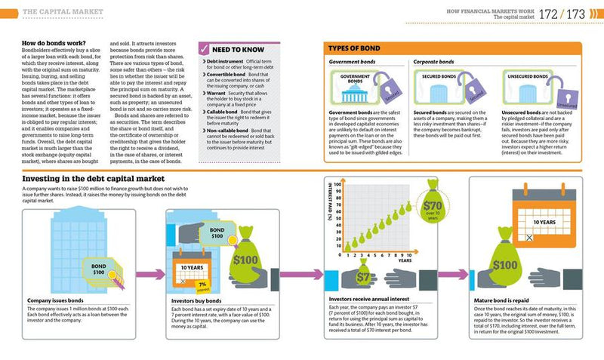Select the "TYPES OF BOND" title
[355, 48]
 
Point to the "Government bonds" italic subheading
[354, 62]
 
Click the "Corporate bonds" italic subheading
[436, 62]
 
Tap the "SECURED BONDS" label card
[441, 76]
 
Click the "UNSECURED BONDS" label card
[528, 76]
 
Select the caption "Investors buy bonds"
[200, 300]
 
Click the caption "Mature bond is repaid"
[505, 300]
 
